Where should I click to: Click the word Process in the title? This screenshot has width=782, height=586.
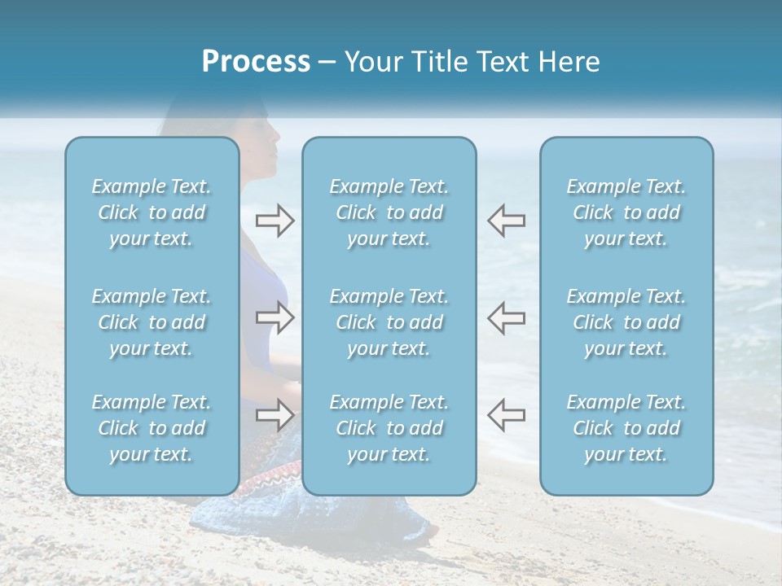[x=256, y=62]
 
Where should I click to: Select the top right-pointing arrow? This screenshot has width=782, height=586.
[x=275, y=221]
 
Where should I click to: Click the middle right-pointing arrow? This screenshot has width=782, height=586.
[x=275, y=317]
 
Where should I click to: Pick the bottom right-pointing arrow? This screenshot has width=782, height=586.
[x=275, y=414]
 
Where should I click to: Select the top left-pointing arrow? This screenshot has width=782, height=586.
[x=507, y=221]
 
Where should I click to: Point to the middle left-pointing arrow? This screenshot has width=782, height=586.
[x=507, y=317]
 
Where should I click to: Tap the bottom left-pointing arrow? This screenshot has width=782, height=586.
[x=507, y=414]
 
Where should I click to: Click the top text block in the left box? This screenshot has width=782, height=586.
[x=152, y=212]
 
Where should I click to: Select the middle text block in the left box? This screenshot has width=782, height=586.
[x=152, y=322]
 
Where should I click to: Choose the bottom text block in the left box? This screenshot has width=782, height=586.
[x=152, y=428]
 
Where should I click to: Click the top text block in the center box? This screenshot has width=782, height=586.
[x=389, y=212]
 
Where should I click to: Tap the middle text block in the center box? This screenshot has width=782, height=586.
[x=389, y=322]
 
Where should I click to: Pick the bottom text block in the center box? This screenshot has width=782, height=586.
[x=389, y=428]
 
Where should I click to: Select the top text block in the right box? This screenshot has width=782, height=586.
[x=626, y=212]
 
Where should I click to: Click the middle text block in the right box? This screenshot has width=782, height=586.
[x=626, y=322]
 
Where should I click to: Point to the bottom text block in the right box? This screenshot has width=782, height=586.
[x=626, y=428]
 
